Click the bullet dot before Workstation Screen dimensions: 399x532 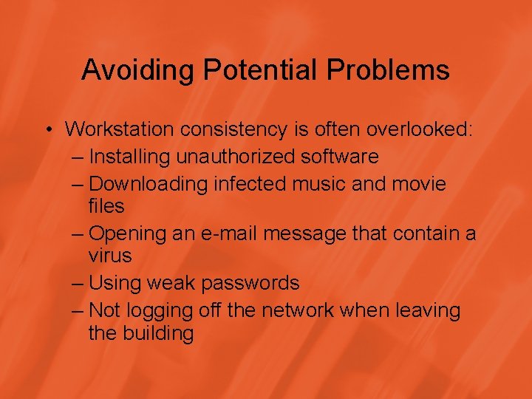point(47,129)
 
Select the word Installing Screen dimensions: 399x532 point(127,157)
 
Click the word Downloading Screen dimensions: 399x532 point(149,183)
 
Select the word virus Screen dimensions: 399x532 point(109,256)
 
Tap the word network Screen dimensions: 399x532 point(296,310)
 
